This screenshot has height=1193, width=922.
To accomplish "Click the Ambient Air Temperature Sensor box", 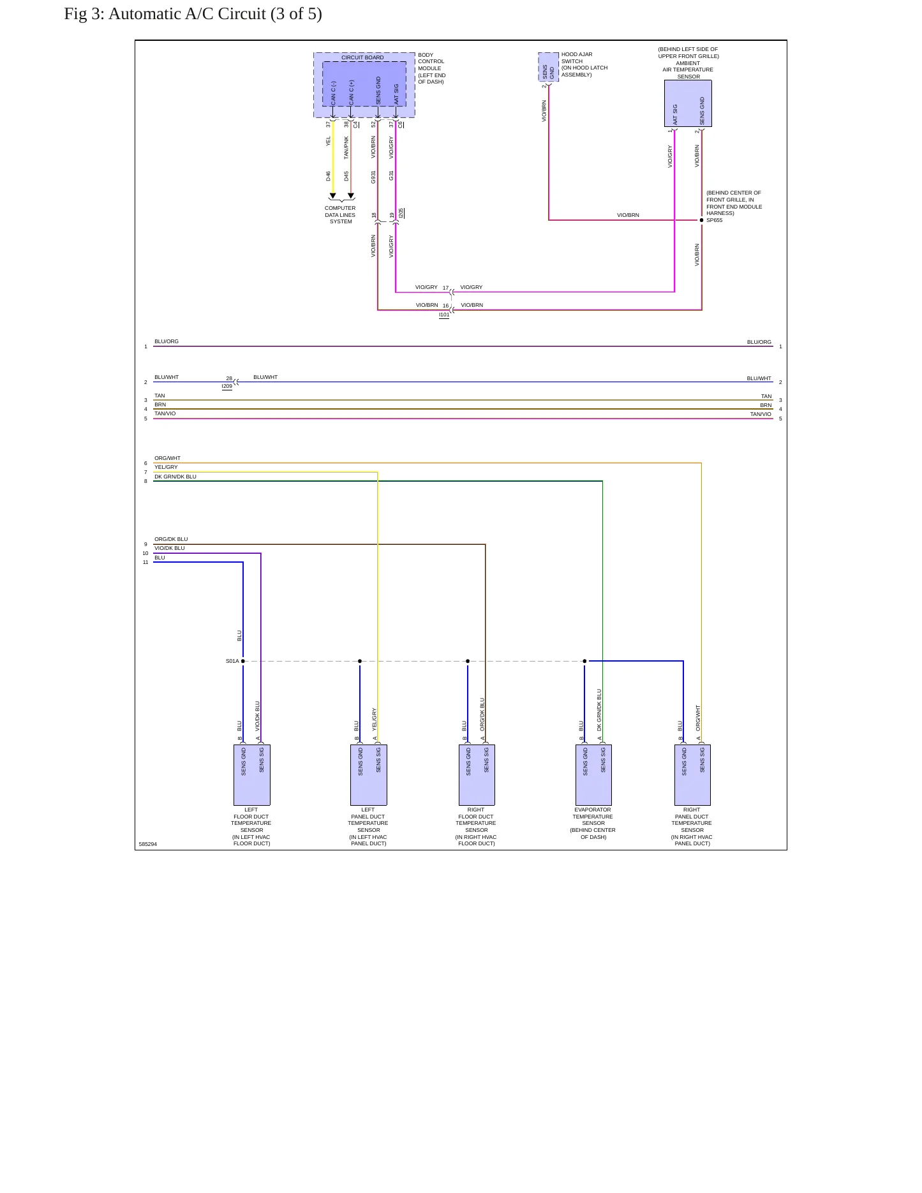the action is coord(688,103).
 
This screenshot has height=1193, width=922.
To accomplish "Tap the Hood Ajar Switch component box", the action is coord(549,67).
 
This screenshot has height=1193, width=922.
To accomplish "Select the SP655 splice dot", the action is coord(702,220).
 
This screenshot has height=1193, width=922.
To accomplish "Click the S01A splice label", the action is coord(232,661).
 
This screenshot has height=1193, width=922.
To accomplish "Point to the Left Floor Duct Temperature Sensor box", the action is coord(252,774).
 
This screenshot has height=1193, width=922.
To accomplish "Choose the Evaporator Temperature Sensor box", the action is coord(593,774).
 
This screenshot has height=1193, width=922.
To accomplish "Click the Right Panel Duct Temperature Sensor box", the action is coord(692,774).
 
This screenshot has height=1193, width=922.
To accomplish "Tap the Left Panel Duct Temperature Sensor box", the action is coord(369,774).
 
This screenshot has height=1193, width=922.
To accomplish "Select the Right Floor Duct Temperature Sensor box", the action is coord(477,774).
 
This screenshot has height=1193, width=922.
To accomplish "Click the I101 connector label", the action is coord(444,315).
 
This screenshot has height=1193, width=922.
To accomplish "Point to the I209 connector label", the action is coord(227,387).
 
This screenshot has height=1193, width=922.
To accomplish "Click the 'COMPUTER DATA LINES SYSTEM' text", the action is coord(340,215).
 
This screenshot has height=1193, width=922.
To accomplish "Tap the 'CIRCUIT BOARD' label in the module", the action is coord(362,57).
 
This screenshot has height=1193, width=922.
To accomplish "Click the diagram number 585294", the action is coord(148,844).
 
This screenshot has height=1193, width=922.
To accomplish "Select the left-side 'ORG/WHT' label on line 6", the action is coord(167,458).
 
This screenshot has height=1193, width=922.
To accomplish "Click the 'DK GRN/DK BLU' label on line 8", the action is coord(175,477).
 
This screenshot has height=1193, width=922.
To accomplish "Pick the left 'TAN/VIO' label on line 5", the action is coord(165,413).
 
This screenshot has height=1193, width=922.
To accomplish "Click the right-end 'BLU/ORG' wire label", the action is coord(759,342).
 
